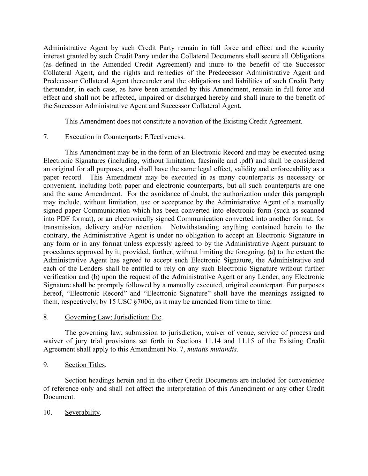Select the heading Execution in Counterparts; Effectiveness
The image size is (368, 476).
[x=124, y=137]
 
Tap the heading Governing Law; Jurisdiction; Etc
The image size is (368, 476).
[x=113, y=317]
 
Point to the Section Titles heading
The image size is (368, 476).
[x=85, y=364]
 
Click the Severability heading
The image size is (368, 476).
[x=82, y=412]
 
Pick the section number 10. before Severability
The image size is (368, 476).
[x=48, y=412]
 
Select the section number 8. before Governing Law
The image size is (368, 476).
[x=46, y=317]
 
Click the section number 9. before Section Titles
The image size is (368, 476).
[x=46, y=364]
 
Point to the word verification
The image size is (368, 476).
[x=61, y=277]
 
